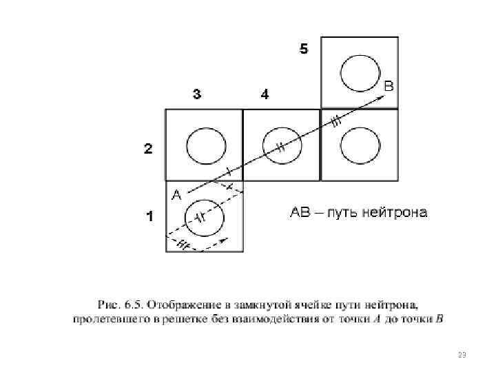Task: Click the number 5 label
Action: pos(304,48)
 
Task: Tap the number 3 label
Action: pos(197,95)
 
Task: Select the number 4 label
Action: pos(265,95)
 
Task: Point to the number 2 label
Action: pos(148,148)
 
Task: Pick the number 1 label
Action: pos(148,216)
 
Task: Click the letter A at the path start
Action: pos(176,194)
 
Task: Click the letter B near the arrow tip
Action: pos(389,87)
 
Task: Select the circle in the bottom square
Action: pos(205,219)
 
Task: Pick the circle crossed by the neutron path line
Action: pos(282,146)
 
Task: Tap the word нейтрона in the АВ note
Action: pos(396,212)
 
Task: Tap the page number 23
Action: pos(462,355)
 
